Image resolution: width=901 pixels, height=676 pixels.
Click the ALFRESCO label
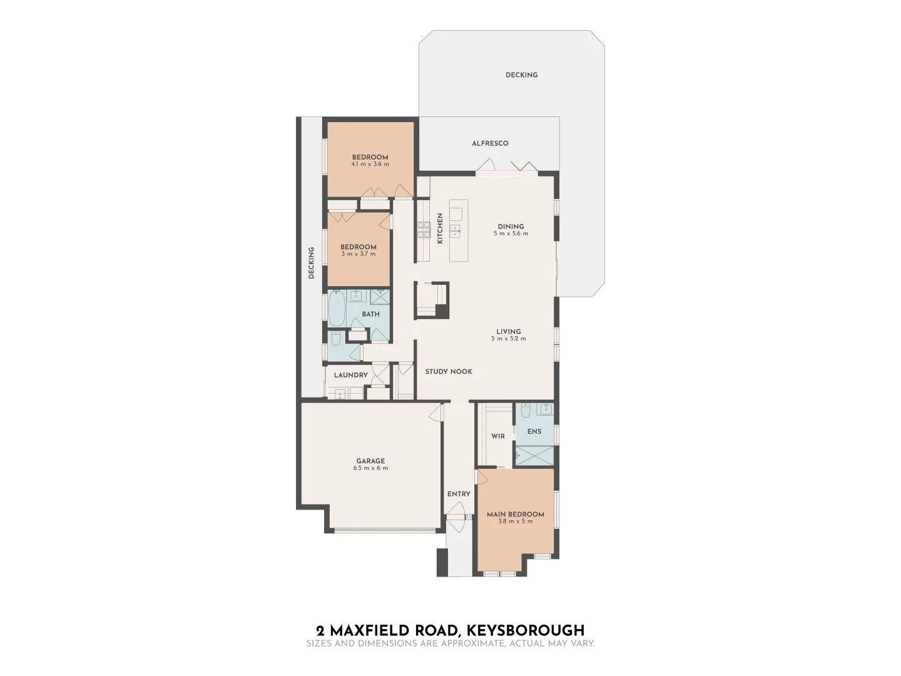click(490, 143)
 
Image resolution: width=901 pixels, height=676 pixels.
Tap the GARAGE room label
click(370, 461)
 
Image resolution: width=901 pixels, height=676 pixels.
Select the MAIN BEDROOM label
click(515, 515)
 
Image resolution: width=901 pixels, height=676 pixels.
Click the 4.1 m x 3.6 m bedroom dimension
click(370, 165)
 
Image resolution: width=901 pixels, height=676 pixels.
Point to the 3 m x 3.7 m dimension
click(359, 254)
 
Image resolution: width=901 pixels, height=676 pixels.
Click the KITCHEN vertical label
click(440, 228)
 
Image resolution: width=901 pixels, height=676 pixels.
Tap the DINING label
click(511, 227)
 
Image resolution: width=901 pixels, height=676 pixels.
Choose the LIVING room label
click(509, 332)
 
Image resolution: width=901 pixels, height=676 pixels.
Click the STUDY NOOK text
click(449, 372)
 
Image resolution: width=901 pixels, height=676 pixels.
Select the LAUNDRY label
click(350, 375)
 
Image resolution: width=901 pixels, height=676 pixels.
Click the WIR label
click(497, 436)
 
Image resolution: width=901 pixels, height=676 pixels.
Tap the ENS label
click(534, 431)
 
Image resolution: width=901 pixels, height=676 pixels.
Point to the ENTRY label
click(459, 494)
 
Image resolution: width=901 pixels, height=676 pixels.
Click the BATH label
click(370, 314)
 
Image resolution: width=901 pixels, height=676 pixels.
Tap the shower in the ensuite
click(534, 456)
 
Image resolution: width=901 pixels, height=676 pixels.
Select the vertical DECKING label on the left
click(311, 263)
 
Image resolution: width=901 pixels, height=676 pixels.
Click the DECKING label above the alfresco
click(521, 75)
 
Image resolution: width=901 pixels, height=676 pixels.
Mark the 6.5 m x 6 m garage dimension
click(370, 468)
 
